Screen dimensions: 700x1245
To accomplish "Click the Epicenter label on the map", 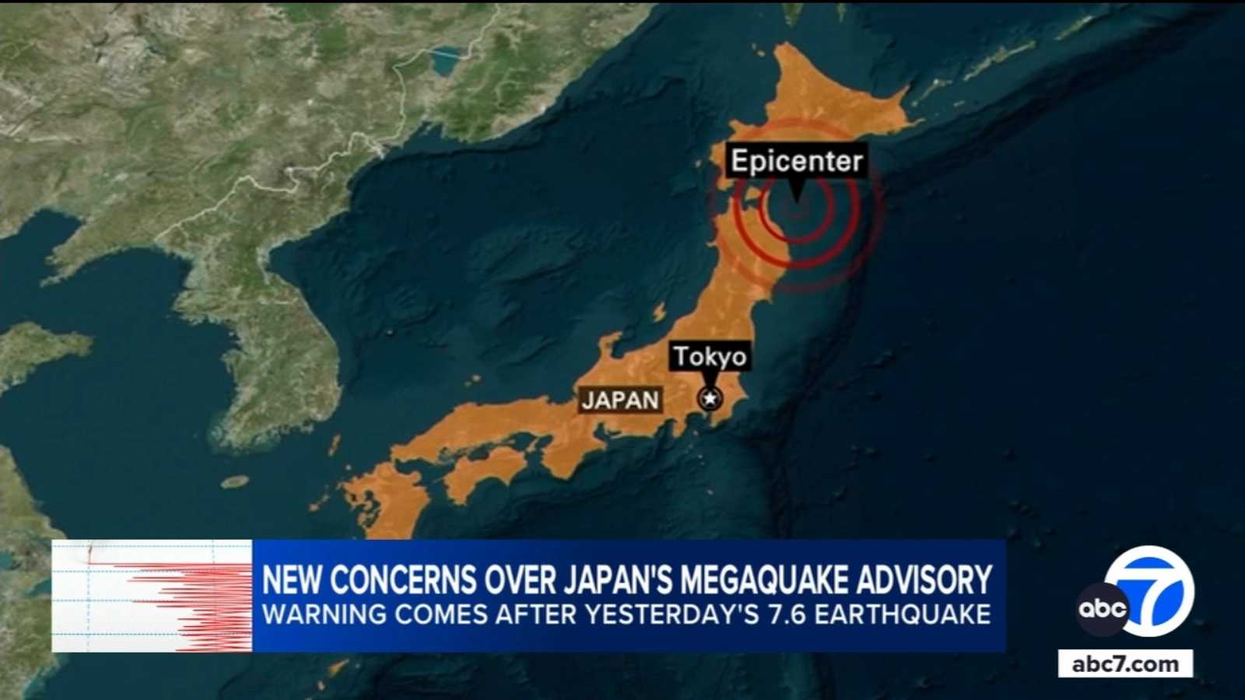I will pyautogui.click(x=796, y=161).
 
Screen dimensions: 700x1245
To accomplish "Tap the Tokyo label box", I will pyautogui.click(x=710, y=356).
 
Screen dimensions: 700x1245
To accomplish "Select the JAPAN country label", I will pyautogui.click(x=620, y=400).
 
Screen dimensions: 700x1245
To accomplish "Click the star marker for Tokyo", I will pyautogui.click(x=710, y=399).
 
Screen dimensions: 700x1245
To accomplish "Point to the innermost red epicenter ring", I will pyautogui.click(x=795, y=207).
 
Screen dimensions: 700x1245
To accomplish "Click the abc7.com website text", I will pyautogui.click(x=1124, y=664).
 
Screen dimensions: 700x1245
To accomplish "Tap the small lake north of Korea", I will pyautogui.click(x=446, y=59).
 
